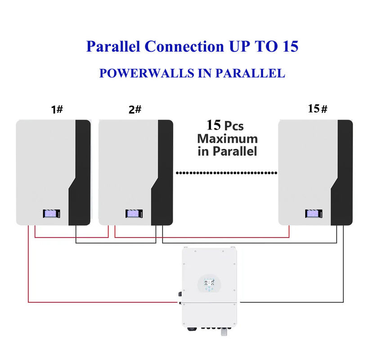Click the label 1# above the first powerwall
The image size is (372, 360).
click(x=57, y=109)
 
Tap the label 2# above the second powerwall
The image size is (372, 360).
click(x=135, y=109)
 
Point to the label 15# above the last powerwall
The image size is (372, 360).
click(x=317, y=108)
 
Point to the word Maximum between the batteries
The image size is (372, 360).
click(x=227, y=139)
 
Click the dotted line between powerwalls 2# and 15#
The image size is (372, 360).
click(x=226, y=172)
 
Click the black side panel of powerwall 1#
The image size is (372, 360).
click(x=81, y=180)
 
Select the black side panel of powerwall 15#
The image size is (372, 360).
click(x=343, y=180)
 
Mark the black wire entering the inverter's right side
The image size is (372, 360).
click(x=292, y=302)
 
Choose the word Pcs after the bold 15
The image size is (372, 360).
click(x=234, y=126)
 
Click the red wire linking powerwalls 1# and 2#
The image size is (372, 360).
click(x=72, y=236)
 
